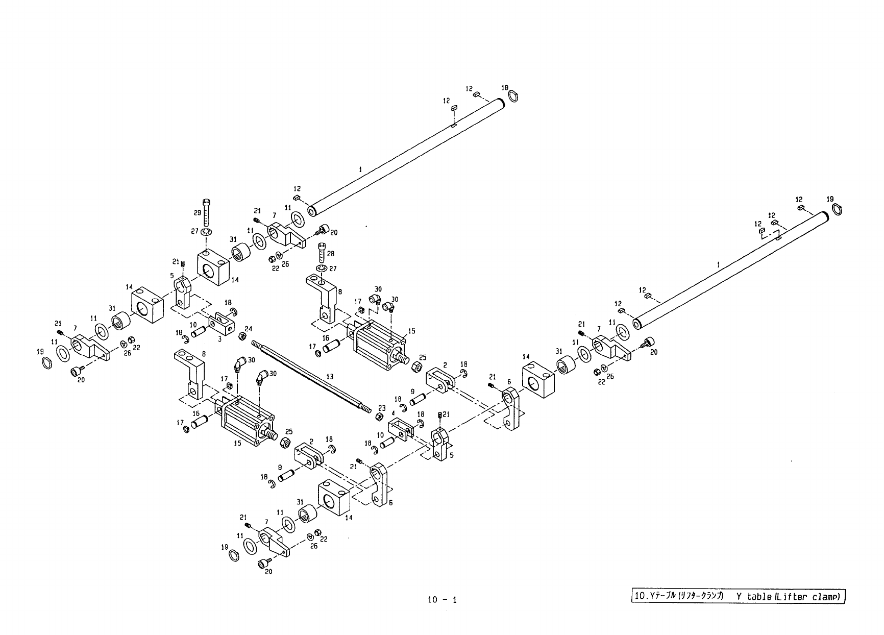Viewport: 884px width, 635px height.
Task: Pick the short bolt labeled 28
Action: pos(322,252)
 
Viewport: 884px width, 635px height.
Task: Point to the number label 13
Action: pos(330,377)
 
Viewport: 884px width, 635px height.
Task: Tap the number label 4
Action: pos(393,412)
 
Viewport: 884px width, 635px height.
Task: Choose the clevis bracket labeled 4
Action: pos(401,428)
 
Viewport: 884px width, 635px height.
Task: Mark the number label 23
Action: pos(381,408)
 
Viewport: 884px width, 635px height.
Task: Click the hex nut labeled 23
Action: pos(379,417)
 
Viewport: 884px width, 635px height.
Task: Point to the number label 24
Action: pos(249,328)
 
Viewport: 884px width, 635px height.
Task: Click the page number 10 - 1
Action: pos(443,600)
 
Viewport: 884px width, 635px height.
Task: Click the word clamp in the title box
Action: pos(826,597)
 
